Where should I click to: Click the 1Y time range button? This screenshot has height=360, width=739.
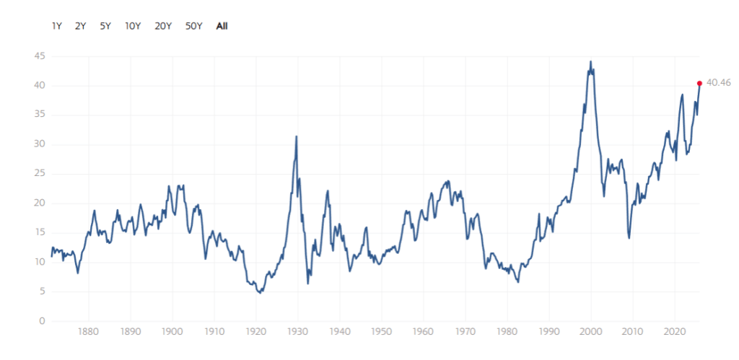[56, 26]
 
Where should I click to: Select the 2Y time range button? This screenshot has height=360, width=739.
[80, 26]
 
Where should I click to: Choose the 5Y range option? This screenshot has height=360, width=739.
[105, 26]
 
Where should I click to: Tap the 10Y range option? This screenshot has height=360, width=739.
[133, 26]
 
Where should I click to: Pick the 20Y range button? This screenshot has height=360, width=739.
[163, 26]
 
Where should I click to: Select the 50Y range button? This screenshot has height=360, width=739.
[193, 26]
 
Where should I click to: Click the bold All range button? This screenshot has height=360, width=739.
[222, 26]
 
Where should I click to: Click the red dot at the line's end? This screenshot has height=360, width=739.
[699, 83]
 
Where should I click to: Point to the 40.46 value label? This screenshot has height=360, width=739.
[719, 83]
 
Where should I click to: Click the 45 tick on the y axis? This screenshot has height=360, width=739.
[39, 56]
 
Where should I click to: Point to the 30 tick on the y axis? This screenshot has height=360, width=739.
[39, 144]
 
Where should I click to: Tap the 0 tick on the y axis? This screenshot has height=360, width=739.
[42, 321]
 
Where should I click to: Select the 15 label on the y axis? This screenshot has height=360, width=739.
[39, 233]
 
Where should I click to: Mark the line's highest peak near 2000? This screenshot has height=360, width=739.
[591, 61]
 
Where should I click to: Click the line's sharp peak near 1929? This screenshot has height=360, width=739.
[296, 136]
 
